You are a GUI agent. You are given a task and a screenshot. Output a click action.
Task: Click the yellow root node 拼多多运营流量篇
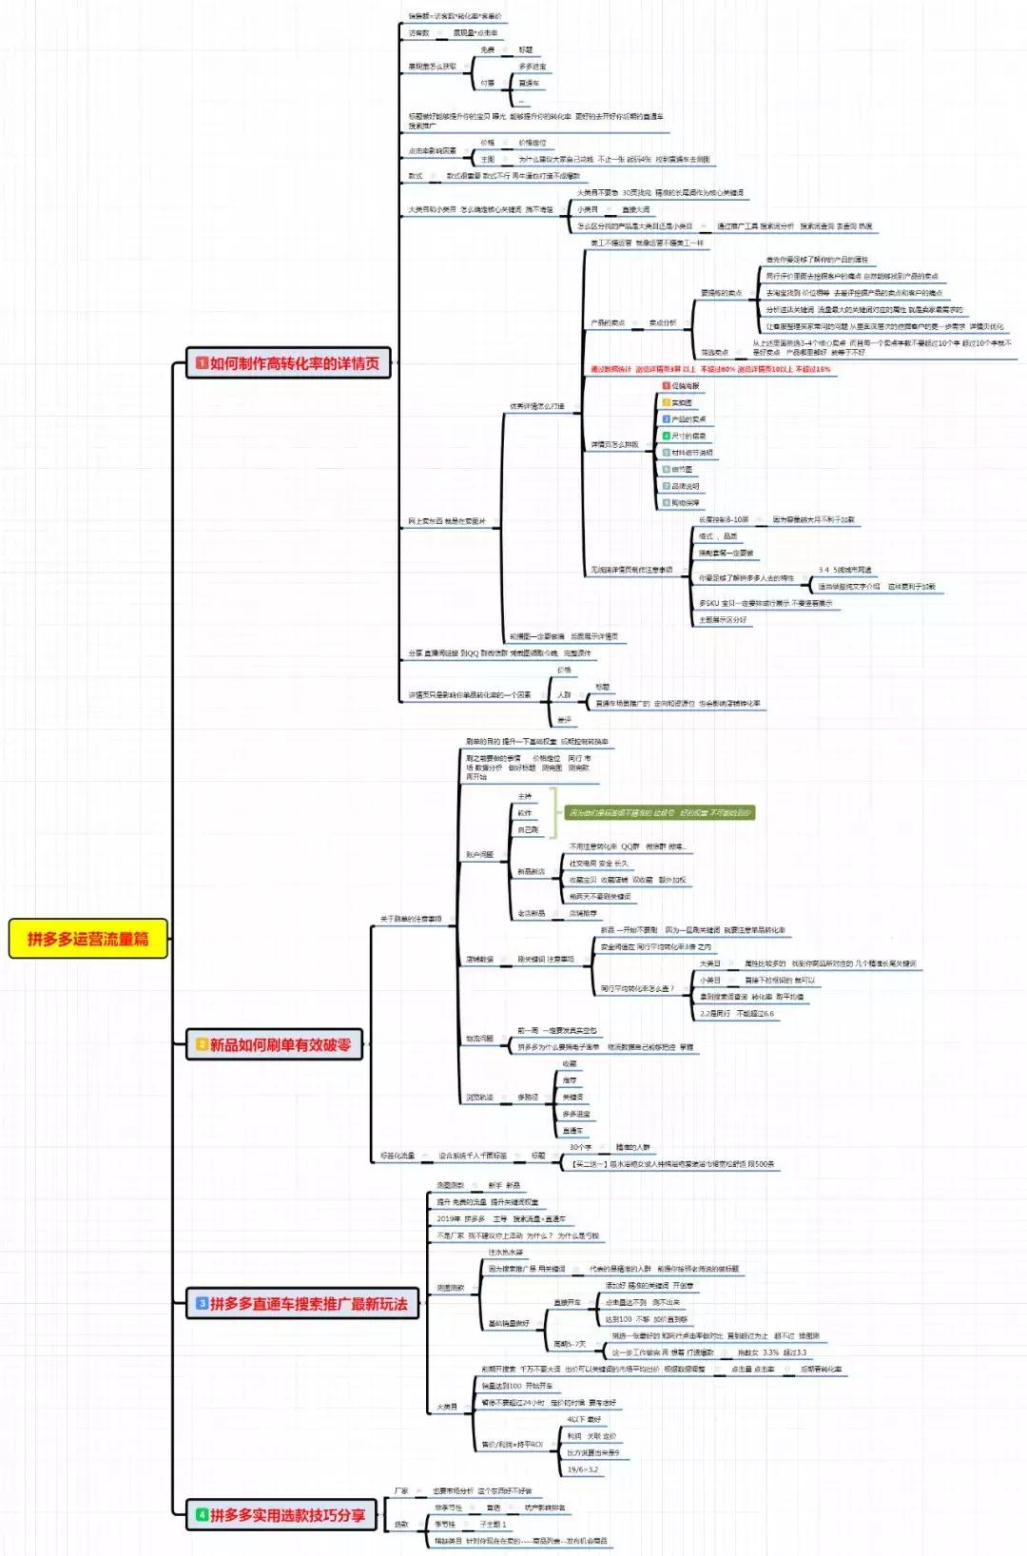pos(87,939)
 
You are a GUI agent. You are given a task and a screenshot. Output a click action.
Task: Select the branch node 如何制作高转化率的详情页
pos(288,362)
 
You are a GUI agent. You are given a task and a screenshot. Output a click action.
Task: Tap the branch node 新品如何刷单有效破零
pos(274,1044)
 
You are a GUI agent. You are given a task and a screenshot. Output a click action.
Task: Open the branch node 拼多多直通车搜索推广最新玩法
pos(301,1303)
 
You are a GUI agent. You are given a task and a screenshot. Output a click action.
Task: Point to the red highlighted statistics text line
pos(709,369)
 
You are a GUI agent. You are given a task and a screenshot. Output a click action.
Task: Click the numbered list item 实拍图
pos(682,402)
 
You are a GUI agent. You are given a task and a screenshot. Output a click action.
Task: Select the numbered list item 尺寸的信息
pos(688,436)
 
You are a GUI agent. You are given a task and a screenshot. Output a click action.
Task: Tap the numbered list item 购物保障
pos(685,503)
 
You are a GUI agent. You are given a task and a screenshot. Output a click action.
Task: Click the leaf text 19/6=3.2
pos(583,1469)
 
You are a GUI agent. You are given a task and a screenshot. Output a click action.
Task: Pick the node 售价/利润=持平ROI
pos(512,1444)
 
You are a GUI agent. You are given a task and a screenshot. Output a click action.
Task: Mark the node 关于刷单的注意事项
pos(411,919)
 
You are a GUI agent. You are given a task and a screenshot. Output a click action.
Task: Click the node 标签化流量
pos(397,1156)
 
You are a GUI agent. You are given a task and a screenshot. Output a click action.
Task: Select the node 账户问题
pos(479,855)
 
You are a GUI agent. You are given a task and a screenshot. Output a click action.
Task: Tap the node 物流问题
pos(479,1039)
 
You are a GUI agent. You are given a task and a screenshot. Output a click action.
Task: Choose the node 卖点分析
pos(662,322)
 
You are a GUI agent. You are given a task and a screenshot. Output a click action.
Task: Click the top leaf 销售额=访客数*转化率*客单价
pos(455,16)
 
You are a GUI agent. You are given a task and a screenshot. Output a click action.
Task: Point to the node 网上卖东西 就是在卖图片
pos(447,521)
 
